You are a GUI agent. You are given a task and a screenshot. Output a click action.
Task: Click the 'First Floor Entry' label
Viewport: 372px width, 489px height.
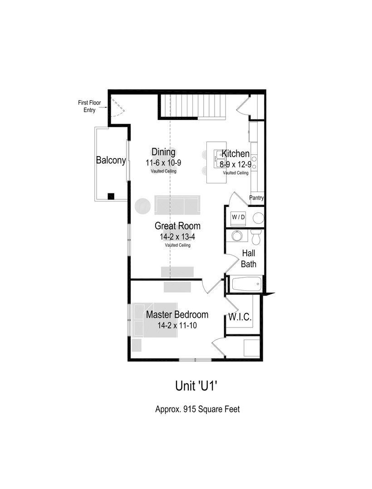pyautogui.click(x=89, y=106)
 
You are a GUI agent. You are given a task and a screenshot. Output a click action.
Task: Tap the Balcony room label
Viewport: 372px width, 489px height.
pyautogui.click(x=110, y=160)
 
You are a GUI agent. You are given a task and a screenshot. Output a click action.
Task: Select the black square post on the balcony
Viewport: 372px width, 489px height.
pyautogui.click(x=111, y=196)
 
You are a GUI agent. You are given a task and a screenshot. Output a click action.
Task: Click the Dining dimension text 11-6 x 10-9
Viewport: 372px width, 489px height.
pyautogui.click(x=163, y=163)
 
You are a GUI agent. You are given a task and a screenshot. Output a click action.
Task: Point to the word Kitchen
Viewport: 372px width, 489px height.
pyautogui.click(x=235, y=153)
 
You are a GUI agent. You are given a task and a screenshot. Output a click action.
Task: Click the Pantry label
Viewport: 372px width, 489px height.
pyautogui.click(x=256, y=198)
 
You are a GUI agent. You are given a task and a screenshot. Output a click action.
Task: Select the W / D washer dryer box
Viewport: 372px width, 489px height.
pyautogui.click(x=238, y=217)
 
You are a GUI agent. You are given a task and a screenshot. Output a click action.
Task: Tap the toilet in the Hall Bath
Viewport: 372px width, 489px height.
pyautogui.click(x=256, y=237)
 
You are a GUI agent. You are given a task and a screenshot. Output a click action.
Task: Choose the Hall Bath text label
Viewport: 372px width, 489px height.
pyautogui.click(x=249, y=259)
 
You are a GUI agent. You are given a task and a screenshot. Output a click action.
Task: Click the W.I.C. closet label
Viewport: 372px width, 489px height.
pyautogui.click(x=240, y=316)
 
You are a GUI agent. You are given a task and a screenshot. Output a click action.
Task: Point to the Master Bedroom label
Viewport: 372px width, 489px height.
pyautogui.click(x=177, y=315)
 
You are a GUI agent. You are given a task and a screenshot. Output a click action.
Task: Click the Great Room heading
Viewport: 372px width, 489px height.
pyautogui.click(x=177, y=226)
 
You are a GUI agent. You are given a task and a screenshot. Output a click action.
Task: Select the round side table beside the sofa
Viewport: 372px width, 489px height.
pyautogui.click(x=142, y=205)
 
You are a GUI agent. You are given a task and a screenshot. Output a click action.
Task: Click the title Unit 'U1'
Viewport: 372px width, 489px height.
pyautogui.click(x=197, y=386)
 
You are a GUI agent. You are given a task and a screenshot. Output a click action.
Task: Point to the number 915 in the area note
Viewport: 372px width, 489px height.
pyautogui.click(x=189, y=409)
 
